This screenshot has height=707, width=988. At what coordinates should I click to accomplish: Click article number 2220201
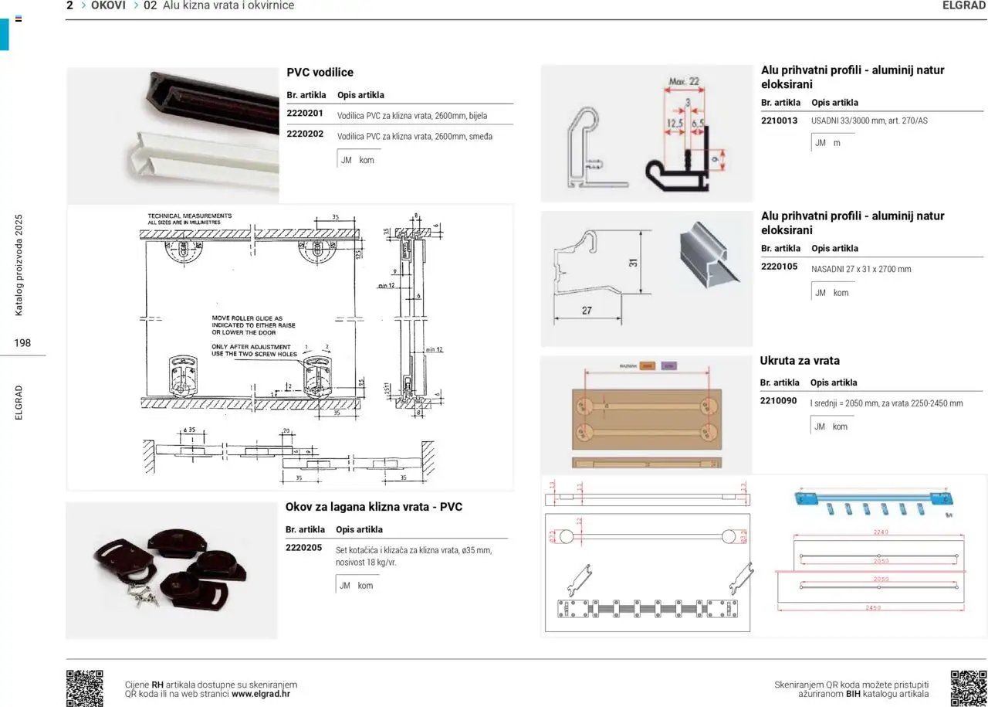(304, 113)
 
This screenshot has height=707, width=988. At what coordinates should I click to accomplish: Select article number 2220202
(304, 134)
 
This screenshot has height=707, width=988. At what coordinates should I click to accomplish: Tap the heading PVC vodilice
(320, 73)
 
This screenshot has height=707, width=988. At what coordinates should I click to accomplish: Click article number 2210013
(779, 121)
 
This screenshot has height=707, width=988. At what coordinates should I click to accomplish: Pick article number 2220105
(779, 267)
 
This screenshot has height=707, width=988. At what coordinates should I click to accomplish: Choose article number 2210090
(778, 401)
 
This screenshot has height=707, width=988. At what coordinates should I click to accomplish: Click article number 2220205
(303, 548)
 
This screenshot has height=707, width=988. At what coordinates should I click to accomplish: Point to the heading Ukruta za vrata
(800, 361)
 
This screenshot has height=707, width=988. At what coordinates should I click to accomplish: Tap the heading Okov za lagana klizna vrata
(374, 508)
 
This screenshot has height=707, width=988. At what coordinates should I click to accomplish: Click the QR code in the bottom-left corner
(84, 688)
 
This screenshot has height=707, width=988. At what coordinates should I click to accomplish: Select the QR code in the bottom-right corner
(968, 688)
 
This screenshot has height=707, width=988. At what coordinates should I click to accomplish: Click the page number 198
(22, 342)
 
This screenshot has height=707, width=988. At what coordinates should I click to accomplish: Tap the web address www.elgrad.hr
(260, 694)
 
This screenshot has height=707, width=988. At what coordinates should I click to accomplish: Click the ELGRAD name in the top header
(964, 5)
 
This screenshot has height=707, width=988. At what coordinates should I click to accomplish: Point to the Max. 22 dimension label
(683, 81)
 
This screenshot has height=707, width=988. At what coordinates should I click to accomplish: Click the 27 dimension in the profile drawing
(586, 311)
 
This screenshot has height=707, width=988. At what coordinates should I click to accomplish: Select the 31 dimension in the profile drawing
(633, 262)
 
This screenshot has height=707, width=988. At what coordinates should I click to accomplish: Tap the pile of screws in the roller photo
(144, 594)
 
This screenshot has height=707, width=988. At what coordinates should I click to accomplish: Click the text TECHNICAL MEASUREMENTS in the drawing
(189, 216)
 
